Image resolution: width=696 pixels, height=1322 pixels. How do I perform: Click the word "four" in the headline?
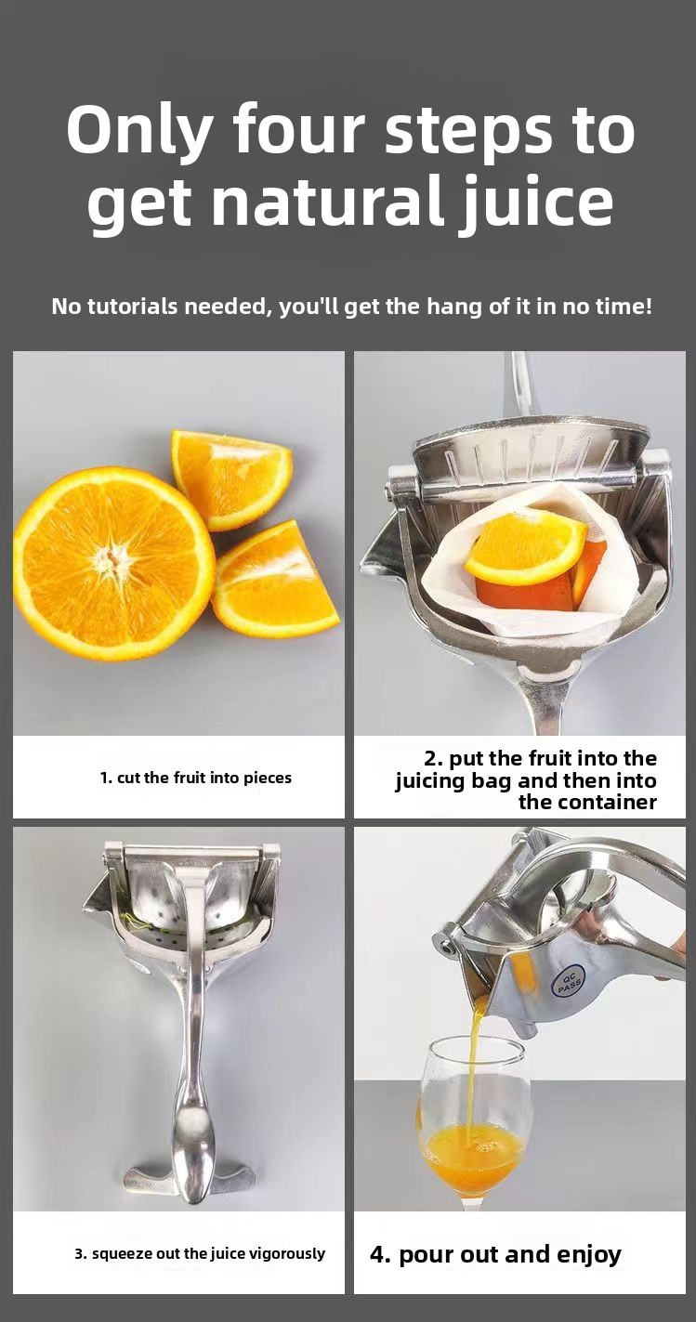point(300,129)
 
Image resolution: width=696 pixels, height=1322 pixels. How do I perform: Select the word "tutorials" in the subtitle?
point(132,307)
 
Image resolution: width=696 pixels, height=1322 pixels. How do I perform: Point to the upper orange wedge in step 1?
point(232,478)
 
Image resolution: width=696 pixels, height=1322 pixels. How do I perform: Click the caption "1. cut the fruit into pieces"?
point(196,778)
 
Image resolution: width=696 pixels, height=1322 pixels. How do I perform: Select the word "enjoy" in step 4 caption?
point(589,1254)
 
